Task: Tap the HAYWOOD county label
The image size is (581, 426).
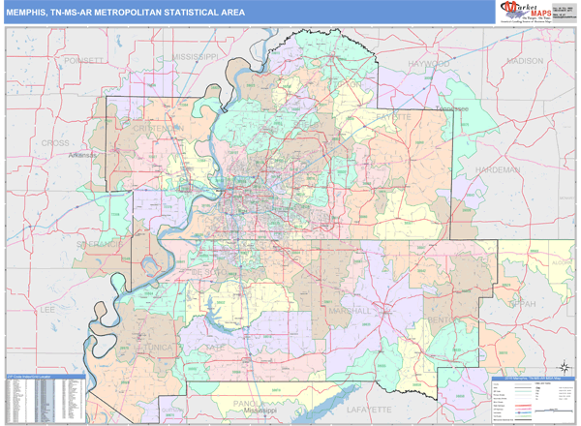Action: coord(429,63)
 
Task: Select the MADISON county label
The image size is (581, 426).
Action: coord(525,60)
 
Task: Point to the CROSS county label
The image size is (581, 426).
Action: coord(55,142)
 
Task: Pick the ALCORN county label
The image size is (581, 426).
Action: coord(561,260)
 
